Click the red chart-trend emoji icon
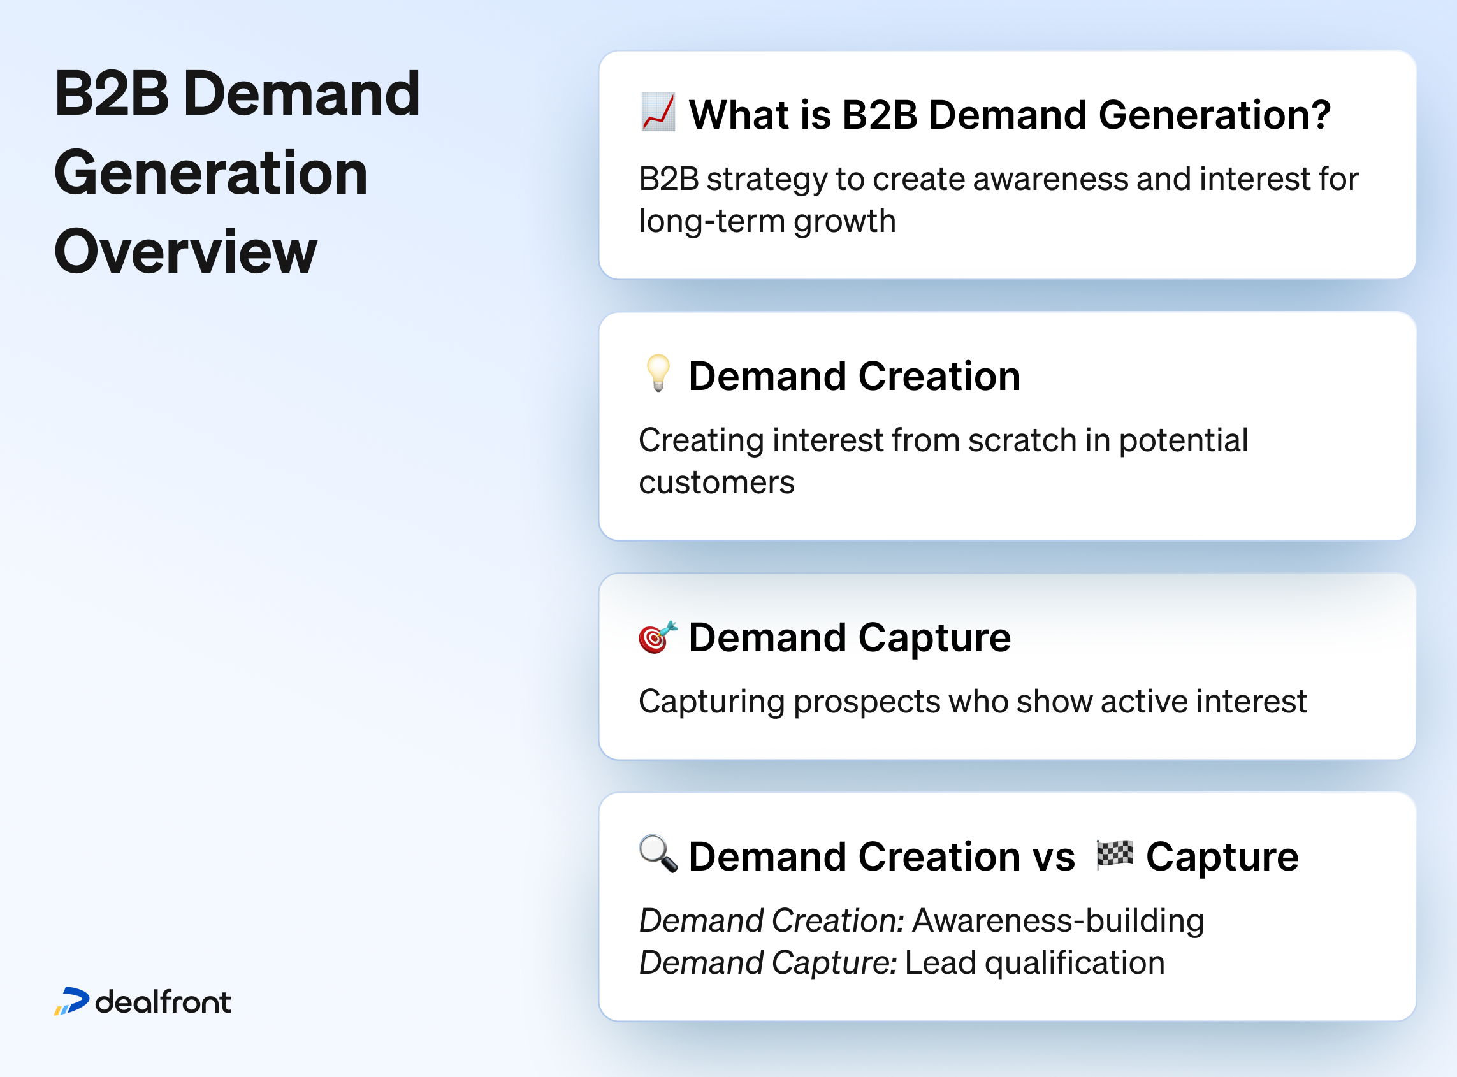658,112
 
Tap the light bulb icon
658,373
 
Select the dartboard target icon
657,636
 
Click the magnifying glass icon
658,853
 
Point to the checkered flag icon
1115,854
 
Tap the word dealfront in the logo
163,1002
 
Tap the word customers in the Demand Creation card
716,483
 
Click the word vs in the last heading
1054,857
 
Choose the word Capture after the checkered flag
1222,857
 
